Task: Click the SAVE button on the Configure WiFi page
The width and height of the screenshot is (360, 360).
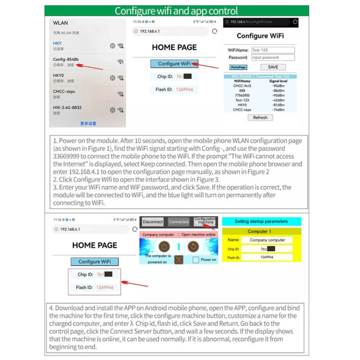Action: point(273,67)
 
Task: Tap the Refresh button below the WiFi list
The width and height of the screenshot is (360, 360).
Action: point(260,118)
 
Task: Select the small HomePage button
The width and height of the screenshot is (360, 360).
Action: point(238,68)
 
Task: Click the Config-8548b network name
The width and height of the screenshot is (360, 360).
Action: point(66,60)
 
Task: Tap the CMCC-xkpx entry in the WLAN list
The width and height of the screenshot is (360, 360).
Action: point(64,91)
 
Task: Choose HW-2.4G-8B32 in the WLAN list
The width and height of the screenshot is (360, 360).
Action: point(67,108)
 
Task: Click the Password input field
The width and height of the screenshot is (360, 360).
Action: point(273,58)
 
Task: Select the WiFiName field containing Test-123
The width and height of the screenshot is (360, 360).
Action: point(273,50)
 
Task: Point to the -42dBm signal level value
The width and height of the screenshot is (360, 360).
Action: point(278,100)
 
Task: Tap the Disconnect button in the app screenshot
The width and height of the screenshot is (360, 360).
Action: point(153,222)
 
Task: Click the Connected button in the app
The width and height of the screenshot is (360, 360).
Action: point(179,222)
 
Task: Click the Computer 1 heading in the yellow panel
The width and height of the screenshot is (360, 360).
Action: point(262,231)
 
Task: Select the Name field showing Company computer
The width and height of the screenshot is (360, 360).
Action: point(267,240)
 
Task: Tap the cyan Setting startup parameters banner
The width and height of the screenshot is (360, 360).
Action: point(262,222)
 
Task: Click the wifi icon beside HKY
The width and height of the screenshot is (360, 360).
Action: point(120,46)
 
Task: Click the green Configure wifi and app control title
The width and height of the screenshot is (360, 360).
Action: point(176,11)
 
